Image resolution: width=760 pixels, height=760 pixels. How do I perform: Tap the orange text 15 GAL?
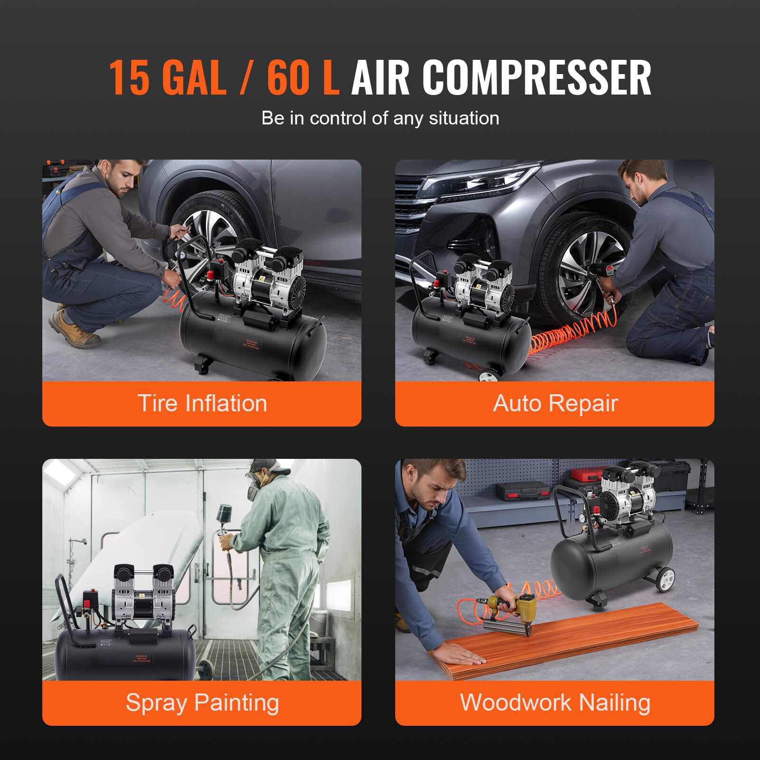click(167, 77)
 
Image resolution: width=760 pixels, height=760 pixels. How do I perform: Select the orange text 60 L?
click(303, 77)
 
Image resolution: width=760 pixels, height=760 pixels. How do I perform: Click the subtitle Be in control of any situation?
click(380, 118)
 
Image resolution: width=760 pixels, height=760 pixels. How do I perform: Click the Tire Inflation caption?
click(202, 403)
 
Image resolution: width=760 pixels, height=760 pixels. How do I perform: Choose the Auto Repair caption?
click(555, 403)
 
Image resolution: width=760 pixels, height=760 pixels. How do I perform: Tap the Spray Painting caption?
click(202, 703)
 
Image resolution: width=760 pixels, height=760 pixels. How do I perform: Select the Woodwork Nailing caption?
click(555, 703)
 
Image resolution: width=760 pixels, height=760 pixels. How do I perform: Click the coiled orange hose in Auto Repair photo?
click(570, 335)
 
